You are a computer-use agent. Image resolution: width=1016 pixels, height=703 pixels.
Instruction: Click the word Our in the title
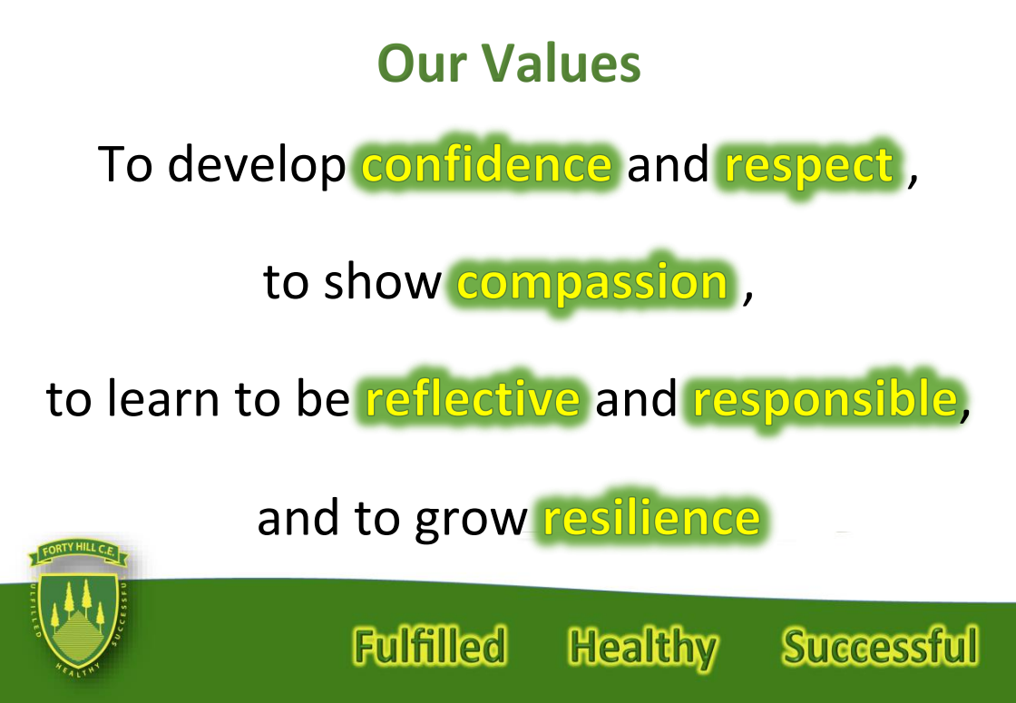tap(422, 63)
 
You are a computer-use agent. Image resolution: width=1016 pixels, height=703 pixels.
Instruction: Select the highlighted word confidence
tap(486, 163)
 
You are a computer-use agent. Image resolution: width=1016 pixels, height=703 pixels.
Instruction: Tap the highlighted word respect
tap(809, 167)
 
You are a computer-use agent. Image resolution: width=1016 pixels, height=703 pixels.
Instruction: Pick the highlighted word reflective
tap(473, 397)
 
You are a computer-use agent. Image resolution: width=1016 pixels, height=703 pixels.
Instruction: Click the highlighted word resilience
tap(651, 517)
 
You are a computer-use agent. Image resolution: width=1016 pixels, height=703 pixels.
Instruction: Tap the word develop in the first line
tap(257, 165)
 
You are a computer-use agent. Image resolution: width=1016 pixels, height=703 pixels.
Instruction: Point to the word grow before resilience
tap(471, 522)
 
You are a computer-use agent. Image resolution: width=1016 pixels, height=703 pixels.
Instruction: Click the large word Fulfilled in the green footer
tap(430, 646)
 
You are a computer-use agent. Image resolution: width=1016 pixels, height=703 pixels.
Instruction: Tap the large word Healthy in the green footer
tap(643, 648)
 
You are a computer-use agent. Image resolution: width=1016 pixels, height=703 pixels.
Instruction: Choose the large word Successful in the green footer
tap(880, 646)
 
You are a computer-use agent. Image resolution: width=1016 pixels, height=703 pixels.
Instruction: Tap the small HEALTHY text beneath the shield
tap(77, 670)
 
